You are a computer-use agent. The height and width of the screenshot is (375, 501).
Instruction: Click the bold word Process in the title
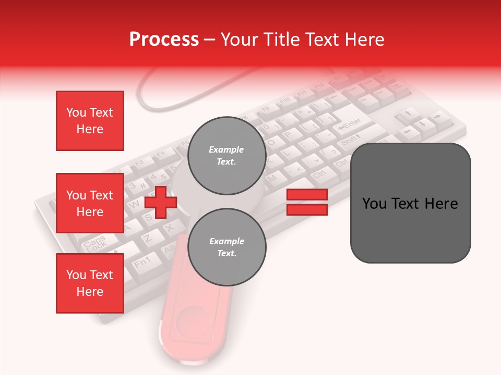164,39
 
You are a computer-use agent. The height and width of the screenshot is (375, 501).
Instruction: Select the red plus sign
160,202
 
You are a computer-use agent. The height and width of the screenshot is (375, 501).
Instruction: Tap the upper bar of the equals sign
307,195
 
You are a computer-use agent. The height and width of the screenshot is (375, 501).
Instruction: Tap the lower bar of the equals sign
307,210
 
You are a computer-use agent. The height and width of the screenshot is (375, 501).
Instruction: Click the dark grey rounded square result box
410,203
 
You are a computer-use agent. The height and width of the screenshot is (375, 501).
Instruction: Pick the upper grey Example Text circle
226,156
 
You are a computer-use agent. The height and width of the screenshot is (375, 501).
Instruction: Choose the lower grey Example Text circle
226,247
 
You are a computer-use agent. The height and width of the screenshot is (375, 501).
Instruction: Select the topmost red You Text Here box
90,121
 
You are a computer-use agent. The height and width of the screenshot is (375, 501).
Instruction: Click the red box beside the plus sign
90,203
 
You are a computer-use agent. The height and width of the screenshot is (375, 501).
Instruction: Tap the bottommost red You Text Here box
90,283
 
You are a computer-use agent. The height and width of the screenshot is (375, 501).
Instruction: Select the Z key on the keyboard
148,238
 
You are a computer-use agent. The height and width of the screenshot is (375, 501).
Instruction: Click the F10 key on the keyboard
285,101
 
